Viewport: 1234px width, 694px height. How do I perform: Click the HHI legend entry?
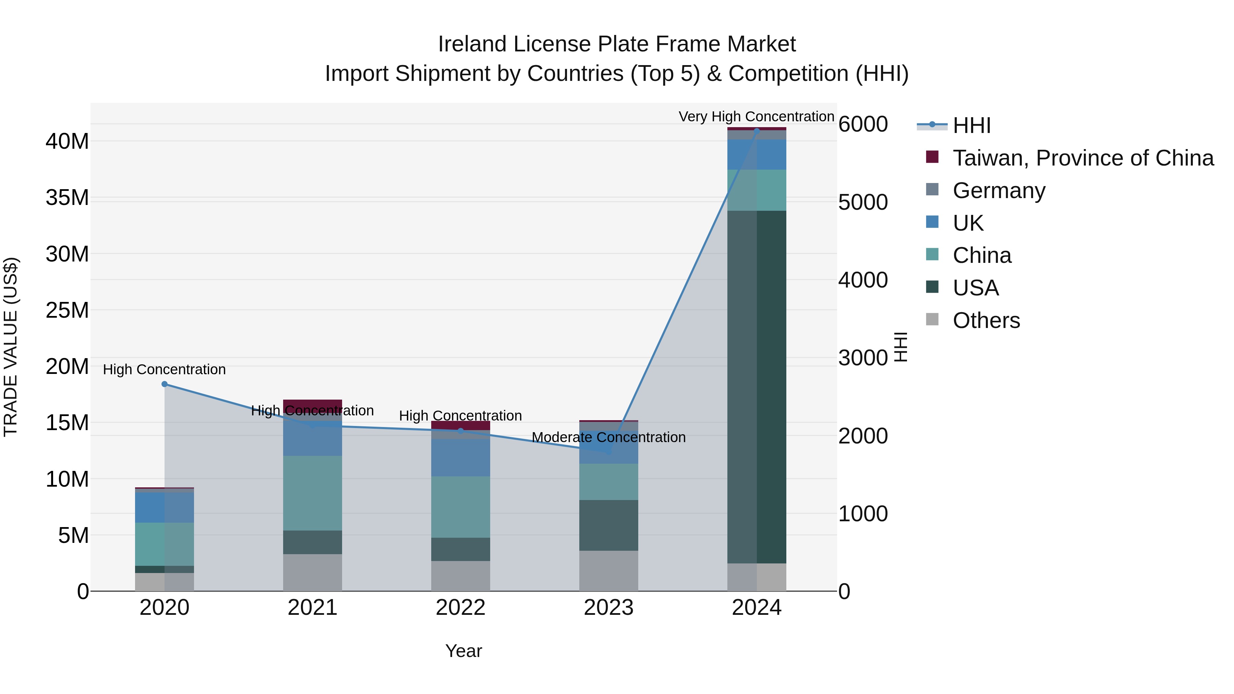[971, 125]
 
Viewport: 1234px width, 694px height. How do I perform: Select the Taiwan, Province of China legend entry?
[1082, 158]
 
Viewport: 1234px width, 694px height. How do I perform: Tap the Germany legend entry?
[999, 191]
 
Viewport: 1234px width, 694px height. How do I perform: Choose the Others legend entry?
[986, 320]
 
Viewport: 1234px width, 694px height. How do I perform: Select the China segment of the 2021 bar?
[312, 493]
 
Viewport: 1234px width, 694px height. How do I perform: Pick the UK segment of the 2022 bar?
[460, 458]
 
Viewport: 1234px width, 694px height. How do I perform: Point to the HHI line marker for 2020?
[164, 384]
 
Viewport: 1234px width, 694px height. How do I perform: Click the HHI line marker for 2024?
[757, 130]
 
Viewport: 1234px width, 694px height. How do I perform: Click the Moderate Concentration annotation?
[608, 437]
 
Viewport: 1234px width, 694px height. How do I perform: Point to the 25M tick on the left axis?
[67, 311]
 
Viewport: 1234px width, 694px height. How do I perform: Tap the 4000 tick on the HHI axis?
[863, 280]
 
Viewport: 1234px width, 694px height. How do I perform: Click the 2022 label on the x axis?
[460, 608]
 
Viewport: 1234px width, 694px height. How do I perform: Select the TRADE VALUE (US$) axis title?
[11, 347]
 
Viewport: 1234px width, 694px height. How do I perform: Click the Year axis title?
[463, 651]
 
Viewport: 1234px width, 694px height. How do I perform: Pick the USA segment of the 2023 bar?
[608, 525]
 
